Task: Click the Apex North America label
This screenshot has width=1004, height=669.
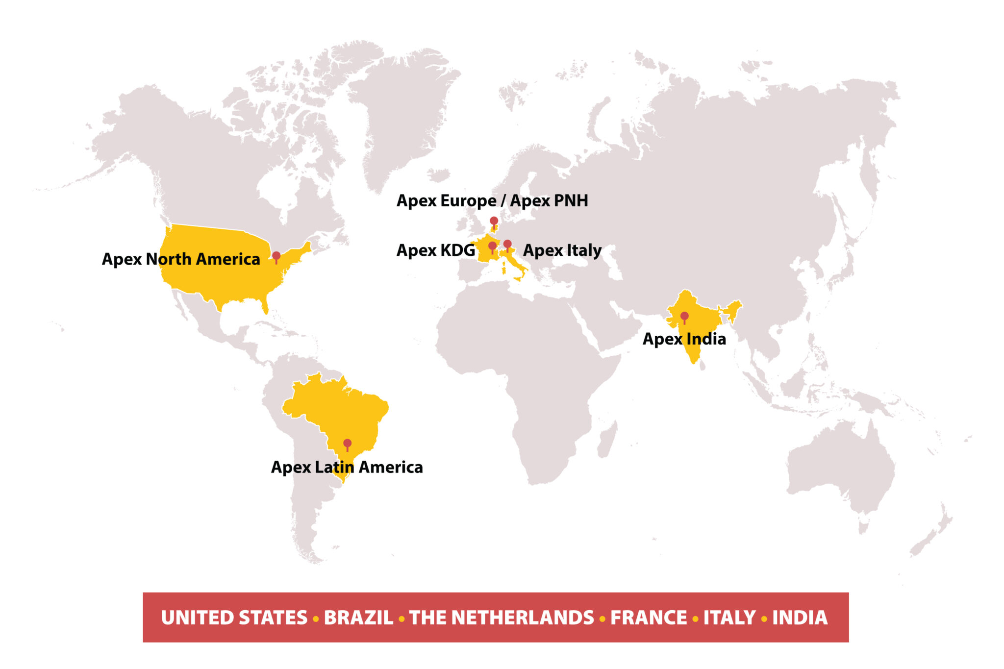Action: pos(181,259)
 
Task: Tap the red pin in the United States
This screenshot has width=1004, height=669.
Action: pos(276,256)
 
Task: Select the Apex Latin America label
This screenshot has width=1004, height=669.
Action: pos(347,467)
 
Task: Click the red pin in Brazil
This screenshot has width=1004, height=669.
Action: pos(347,443)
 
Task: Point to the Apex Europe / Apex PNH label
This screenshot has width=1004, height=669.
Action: pos(492,200)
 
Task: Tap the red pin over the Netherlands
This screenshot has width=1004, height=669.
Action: pos(494,221)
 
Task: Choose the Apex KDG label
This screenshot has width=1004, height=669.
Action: pos(435,250)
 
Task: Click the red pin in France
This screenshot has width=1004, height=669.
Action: pos(492,246)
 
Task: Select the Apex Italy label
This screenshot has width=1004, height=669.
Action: pos(562,250)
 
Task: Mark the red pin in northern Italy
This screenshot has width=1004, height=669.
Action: pos(507,244)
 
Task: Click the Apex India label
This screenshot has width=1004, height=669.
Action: pos(684,339)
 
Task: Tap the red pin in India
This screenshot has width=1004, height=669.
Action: pos(684,316)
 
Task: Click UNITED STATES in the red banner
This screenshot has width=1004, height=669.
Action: pos(234,618)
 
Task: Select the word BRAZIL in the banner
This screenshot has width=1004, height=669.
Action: pos(358,618)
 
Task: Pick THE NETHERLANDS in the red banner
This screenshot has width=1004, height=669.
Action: pos(502,618)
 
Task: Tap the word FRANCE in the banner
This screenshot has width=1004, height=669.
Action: pos(649,618)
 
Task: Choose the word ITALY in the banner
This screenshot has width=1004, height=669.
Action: pos(729,618)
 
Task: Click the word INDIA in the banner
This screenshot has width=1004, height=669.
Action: pos(800,618)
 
